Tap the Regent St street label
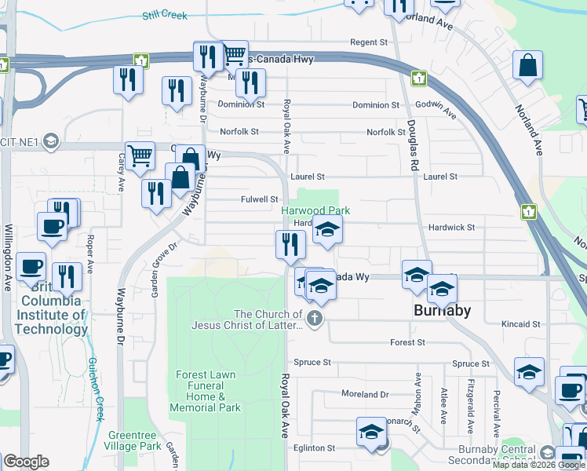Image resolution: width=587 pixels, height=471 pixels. coord(369,42)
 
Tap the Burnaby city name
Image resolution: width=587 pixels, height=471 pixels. coord(442,310)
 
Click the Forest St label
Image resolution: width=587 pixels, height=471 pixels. coord(410,343)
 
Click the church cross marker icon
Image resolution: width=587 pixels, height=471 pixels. coord(315,318)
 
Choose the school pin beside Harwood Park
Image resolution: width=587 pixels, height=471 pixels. coord(328,230)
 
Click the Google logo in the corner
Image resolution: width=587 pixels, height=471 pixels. coord(25,462)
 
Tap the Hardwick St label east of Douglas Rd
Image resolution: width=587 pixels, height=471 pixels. coord(451,228)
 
